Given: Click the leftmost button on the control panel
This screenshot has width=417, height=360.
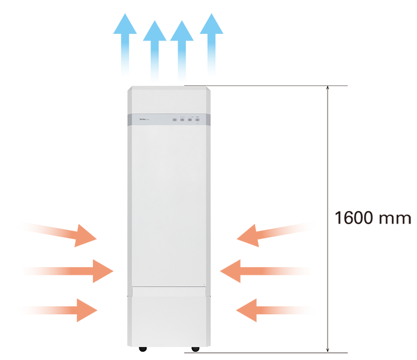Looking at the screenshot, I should pyautogui.click(x=175, y=120).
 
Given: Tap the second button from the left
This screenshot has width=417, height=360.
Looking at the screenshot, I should pyautogui.click(x=182, y=120).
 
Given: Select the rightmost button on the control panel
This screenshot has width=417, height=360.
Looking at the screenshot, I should pyautogui.click(x=197, y=120).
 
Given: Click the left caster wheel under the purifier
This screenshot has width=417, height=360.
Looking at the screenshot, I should pyautogui.click(x=144, y=347).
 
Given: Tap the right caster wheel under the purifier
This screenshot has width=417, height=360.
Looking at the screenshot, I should pyautogui.click(x=195, y=347).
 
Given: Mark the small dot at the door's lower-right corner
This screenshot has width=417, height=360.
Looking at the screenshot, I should pyautogui.click(x=204, y=284).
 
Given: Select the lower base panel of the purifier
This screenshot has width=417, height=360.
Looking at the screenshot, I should pyautogui.click(x=169, y=316).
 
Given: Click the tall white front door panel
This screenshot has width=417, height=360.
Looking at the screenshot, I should pyautogui.click(x=169, y=203).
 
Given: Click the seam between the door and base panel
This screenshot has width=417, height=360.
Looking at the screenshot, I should pyautogui.click(x=169, y=286).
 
